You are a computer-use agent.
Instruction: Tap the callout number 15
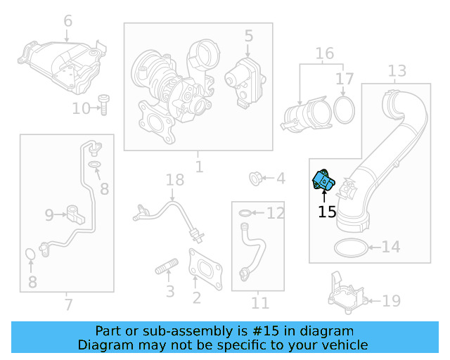(327, 212)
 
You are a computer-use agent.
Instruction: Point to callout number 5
(248, 34)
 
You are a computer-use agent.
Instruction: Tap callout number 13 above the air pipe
(397, 71)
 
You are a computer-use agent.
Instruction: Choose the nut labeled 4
(257, 179)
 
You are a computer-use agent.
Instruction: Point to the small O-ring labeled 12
(243, 212)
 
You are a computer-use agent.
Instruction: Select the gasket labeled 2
(205, 266)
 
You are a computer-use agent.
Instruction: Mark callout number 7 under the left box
(68, 304)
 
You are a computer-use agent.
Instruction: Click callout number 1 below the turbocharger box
(199, 167)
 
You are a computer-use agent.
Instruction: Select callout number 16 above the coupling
(324, 53)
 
